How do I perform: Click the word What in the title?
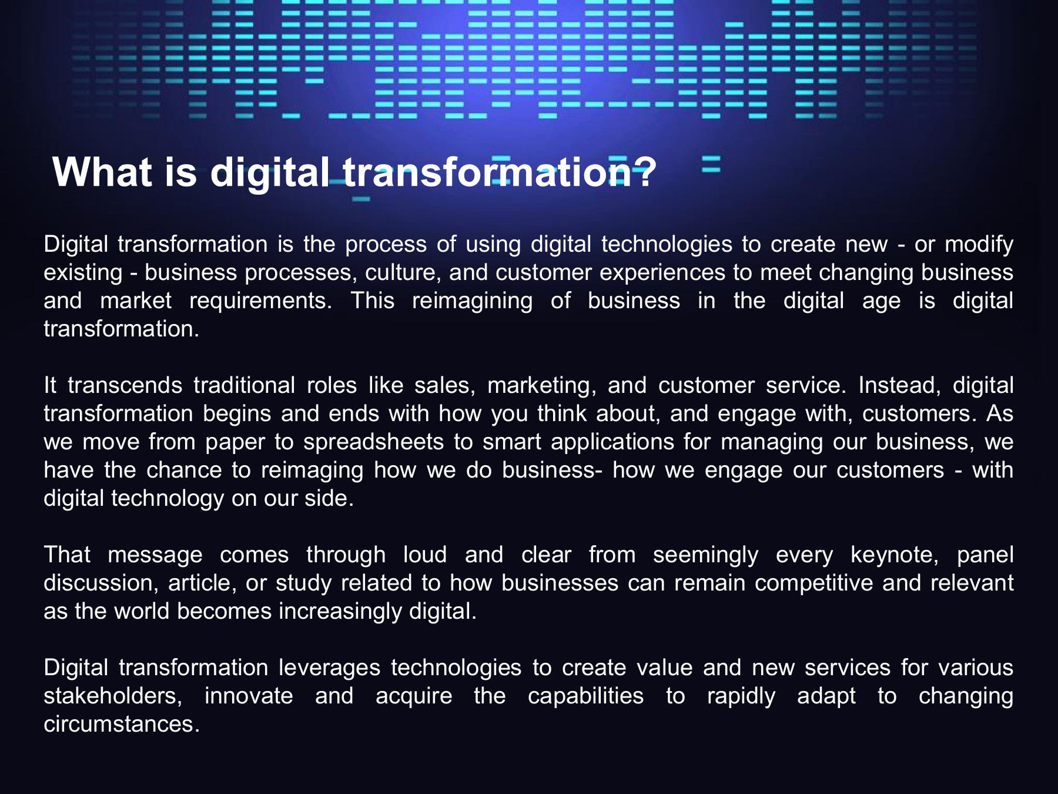[103, 172]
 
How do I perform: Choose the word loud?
[425, 555]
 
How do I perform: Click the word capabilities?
[585, 696]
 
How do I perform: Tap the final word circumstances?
[122, 725]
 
